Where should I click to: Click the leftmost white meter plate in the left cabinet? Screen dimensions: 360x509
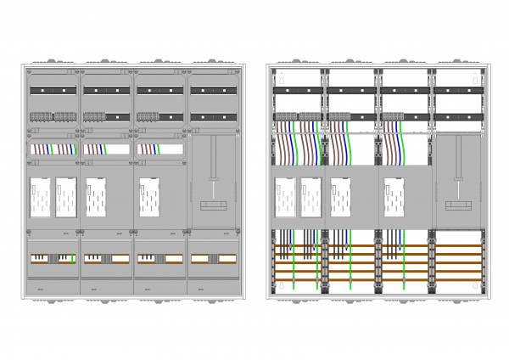(41, 196)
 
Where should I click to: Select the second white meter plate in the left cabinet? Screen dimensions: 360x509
(66, 196)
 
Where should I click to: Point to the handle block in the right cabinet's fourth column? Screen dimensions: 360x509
(458, 206)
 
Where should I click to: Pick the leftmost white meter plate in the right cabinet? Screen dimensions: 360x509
(284, 196)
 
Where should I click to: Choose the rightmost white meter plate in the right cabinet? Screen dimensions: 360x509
(394, 196)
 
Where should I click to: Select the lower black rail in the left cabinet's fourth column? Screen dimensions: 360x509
(213, 116)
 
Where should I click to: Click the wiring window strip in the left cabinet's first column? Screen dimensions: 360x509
(53, 149)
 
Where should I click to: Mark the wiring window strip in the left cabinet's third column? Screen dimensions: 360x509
(159, 149)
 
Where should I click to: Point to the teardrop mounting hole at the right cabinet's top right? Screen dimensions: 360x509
(475, 76)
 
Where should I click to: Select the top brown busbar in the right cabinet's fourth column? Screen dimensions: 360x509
(459, 247)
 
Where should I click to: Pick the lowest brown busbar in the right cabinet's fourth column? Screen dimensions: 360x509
(459, 279)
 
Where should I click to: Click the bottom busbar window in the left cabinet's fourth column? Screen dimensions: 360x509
(213, 256)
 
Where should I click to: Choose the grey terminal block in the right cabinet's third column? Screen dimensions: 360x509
(393, 116)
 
